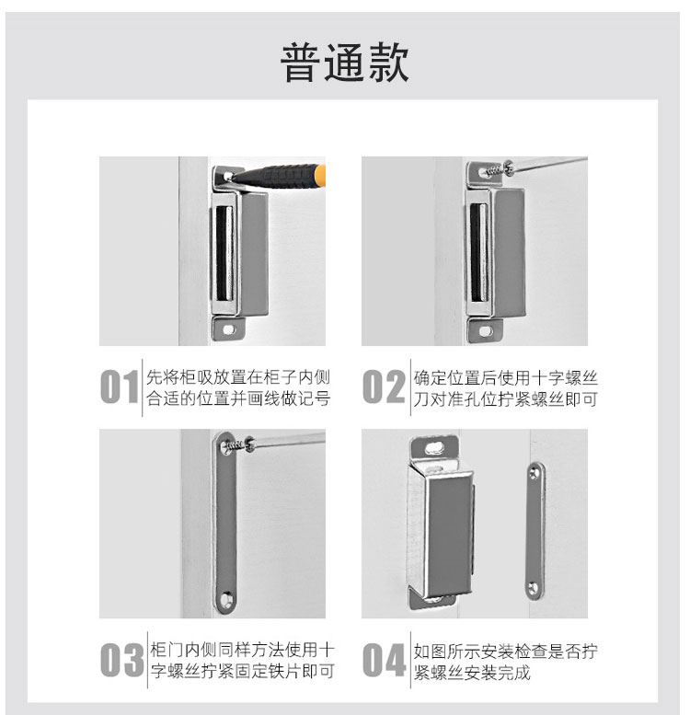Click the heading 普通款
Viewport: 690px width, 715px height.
point(344,63)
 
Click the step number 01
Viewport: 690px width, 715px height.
point(120,386)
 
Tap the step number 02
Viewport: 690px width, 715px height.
point(384,386)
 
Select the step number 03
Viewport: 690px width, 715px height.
point(121,660)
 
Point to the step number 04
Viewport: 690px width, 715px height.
point(385,660)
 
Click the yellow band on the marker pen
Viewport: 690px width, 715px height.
point(320,176)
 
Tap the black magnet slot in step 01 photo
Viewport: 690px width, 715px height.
point(224,253)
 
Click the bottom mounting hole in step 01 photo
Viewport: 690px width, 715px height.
point(229,329)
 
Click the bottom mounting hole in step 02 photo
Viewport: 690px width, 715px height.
point(486,331)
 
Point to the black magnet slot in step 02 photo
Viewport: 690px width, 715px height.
point(478,252)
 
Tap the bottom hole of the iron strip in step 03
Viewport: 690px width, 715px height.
point(226,599)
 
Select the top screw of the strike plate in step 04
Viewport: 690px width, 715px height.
point(535,474)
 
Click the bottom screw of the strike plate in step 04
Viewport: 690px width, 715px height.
point(535,588)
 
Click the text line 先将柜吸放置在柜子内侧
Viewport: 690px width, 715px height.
point(238,377)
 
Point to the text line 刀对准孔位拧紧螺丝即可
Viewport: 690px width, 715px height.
point(505,399)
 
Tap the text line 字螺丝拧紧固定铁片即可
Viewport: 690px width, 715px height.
point(243,671)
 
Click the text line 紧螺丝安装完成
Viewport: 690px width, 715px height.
point(472,672)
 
